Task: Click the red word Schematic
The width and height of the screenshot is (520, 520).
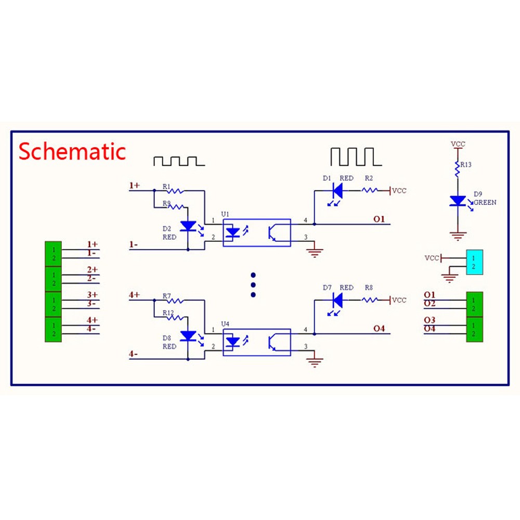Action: click(72, 151)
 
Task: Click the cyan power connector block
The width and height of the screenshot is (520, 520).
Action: click(474, 262)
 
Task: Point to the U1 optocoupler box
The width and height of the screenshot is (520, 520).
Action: click(257, 232)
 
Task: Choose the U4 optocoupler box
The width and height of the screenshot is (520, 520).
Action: click(257, 342)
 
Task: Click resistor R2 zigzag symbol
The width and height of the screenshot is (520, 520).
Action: click(369, 190)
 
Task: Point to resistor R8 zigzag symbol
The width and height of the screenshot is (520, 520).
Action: click(369, 300)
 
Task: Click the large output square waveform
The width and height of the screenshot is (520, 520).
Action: click(356, 157)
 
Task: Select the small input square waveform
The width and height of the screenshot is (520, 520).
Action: click(179, 161)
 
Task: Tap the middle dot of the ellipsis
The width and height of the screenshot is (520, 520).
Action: click(253, 285)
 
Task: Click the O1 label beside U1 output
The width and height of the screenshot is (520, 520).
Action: click(379, 219)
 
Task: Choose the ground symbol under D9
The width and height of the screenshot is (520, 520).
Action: click(458, 236)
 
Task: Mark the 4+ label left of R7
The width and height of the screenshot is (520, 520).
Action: click(134, 295)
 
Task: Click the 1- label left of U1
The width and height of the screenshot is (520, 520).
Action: click(133, 245)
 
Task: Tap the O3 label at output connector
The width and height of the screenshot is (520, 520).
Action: click(430, 320)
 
